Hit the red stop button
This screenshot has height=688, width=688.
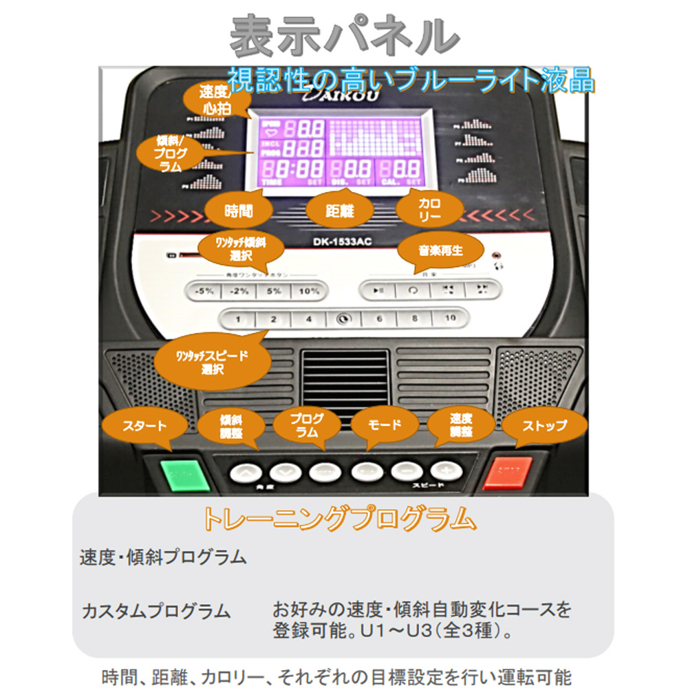508,473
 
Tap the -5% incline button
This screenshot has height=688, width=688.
204,291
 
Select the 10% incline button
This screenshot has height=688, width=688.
309,291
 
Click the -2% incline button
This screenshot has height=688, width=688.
239,291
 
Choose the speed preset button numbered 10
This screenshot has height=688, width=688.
450,319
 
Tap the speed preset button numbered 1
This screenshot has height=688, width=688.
237,319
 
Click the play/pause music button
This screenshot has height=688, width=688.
378,290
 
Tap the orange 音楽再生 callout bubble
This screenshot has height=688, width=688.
440,250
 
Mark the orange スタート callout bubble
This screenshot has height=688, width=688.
144,425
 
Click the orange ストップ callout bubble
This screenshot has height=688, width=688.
544,425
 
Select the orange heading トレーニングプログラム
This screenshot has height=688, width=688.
339,518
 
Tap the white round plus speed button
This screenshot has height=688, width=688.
444,472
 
